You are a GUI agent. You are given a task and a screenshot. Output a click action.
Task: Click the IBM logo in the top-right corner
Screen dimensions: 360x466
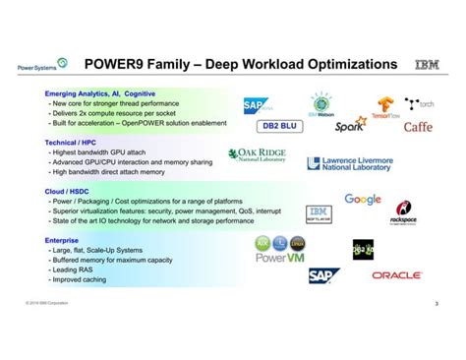click(429, 65)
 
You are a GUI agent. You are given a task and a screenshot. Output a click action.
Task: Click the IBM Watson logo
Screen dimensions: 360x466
click(322, 106)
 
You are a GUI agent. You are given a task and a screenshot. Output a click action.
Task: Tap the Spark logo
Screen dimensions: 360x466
click(349, 126)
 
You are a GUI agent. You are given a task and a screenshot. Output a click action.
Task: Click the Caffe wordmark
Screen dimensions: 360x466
click(417, 126)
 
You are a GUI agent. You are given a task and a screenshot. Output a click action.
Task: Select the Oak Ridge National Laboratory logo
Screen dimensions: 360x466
click(258, 156)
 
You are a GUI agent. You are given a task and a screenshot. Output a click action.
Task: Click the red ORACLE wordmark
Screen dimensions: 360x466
click(396, 275)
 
